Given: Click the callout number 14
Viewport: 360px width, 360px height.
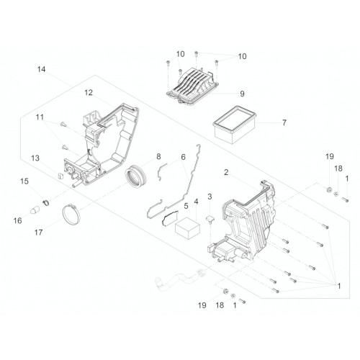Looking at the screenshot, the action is (x=41, y=69).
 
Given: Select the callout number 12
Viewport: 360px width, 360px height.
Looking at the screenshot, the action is (x=89, y=92).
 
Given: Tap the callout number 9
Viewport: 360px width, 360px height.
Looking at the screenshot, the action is (x=242, y=94).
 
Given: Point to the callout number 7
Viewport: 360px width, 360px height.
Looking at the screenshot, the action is (x=284, y=122).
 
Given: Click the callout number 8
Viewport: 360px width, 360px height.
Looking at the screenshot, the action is (x=158, y=156).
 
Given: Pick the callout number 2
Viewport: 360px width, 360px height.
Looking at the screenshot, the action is (x=226, y=172).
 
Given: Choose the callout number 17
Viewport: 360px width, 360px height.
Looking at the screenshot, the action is (x=38, y=233).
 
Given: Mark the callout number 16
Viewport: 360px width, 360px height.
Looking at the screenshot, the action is (x=17, y=220).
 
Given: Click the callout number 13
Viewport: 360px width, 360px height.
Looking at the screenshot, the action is (x=35, y=158).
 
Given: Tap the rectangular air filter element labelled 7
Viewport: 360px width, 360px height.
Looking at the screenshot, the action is (x=235, y=125).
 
